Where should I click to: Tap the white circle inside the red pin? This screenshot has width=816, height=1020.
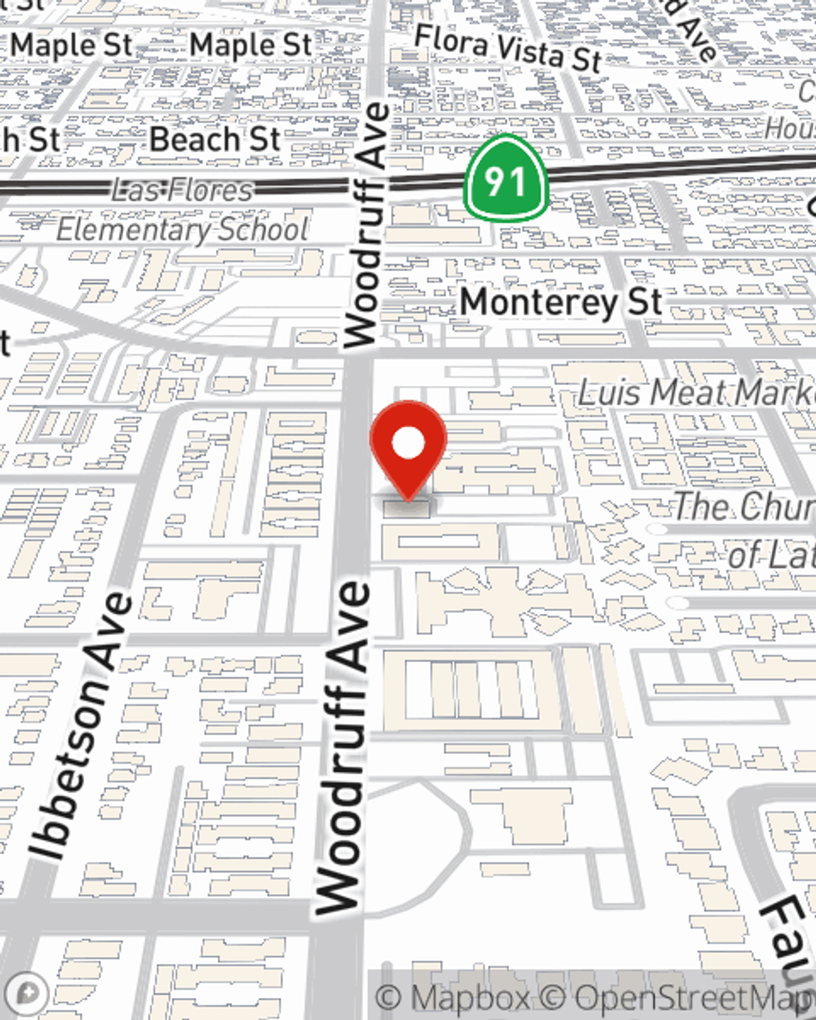coord(408,444)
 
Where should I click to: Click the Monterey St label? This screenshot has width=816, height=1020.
coord(561,303)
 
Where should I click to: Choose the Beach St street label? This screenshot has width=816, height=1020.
coord(215,140)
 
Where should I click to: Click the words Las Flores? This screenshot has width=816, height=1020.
coord(182,190)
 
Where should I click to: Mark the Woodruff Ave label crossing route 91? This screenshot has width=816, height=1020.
coord(367,224)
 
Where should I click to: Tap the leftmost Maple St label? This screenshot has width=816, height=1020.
coord(72,45)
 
